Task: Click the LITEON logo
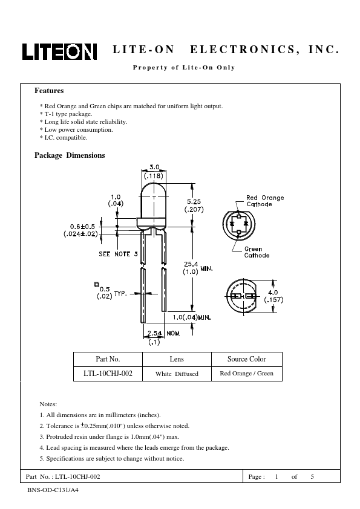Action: (59, 51)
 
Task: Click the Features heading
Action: (49, 91)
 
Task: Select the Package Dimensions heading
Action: (70, 155)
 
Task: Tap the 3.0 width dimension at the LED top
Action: (154, 167)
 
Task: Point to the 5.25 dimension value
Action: (194, 201)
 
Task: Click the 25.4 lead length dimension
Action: (191, 264)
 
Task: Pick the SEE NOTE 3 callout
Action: (118, 254)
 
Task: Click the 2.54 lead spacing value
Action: (154, 333)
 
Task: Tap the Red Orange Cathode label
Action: (265, 201)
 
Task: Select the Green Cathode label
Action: (257, 252)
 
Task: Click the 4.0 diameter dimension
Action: (273, 293)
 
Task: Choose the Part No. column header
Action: (108, 359)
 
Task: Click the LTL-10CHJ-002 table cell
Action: (108, 374)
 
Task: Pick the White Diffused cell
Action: (177, 374)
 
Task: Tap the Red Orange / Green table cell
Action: (247, 374)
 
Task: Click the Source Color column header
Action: (247, 359)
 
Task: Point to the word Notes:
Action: (48, 404)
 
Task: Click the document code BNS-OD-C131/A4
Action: (53, 490)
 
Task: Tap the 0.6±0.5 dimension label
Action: (82, 227)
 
